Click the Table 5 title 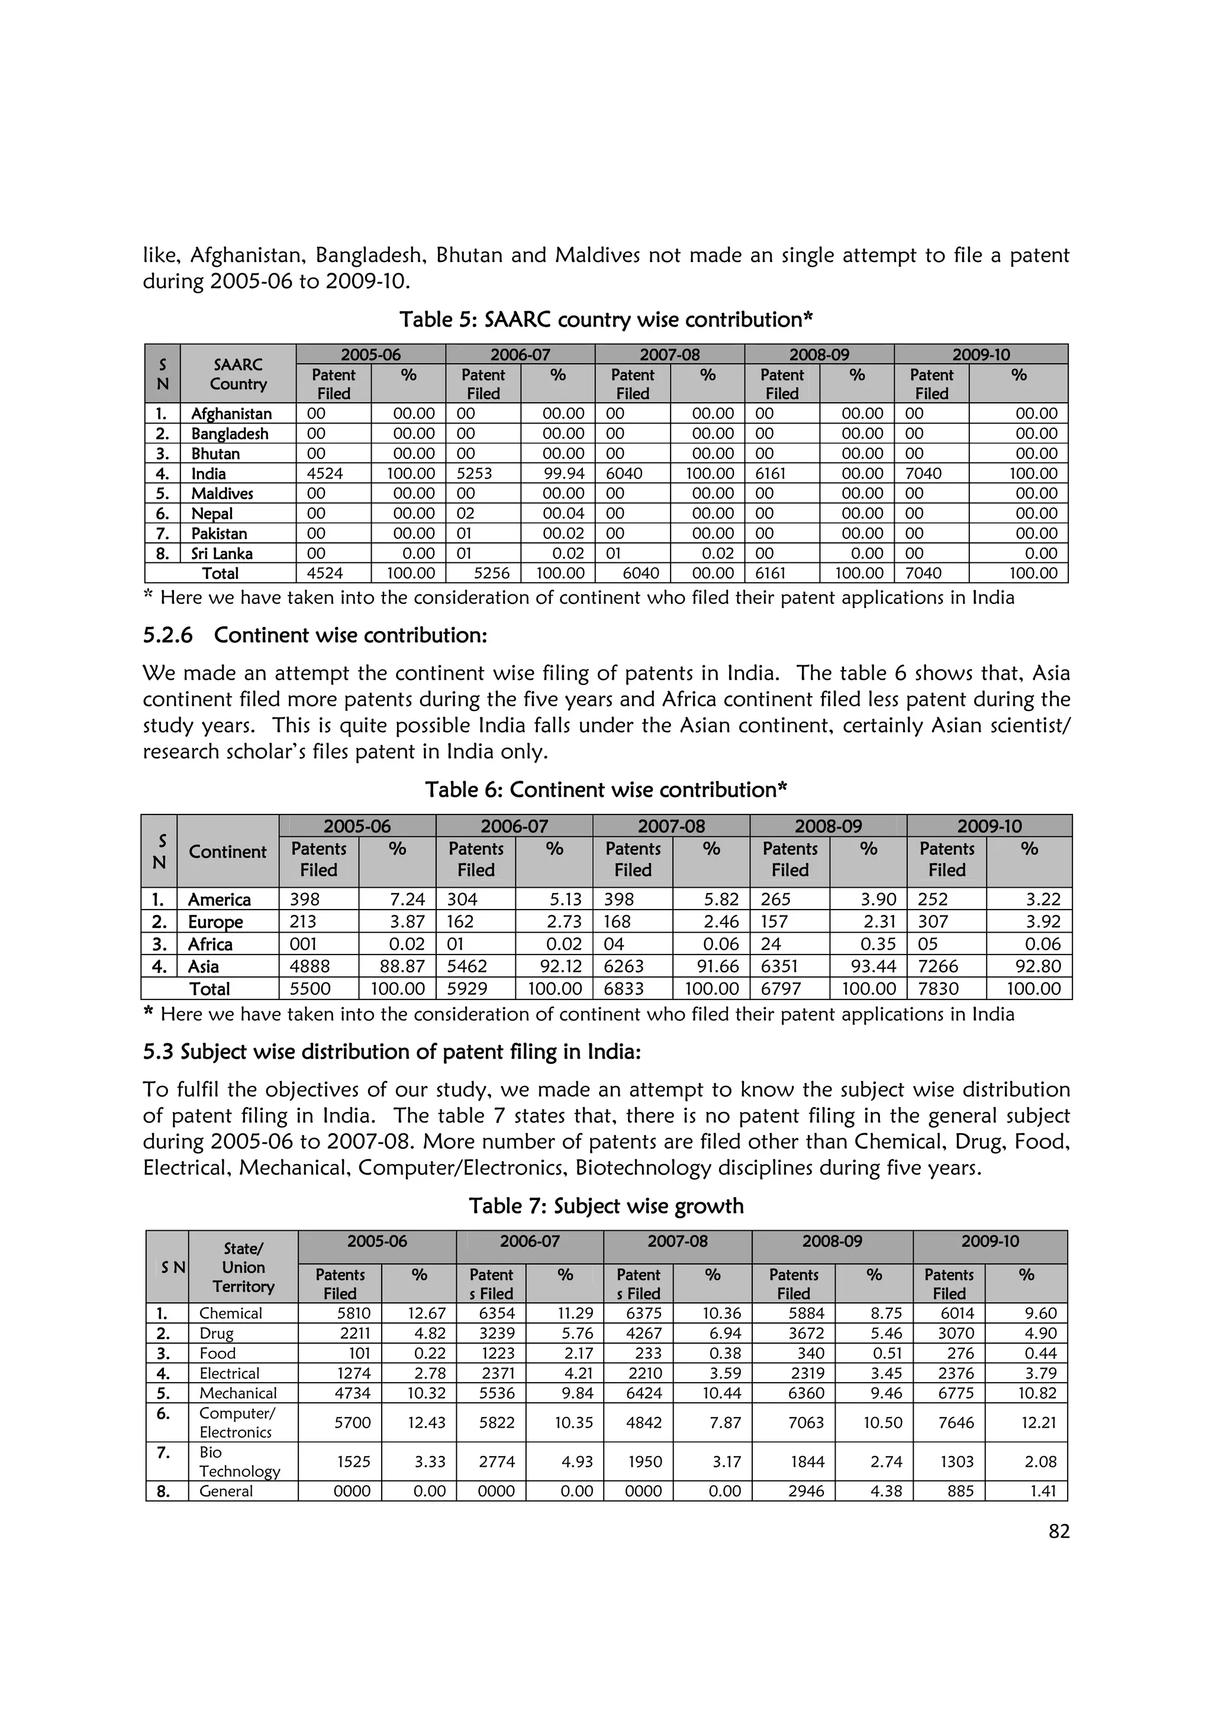pyautogui.click(x=605, y=319)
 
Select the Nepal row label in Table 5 pyautogui.click(x=212, y=513)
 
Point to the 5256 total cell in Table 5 pyautogui.click(x=492, y=573)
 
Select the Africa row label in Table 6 pyautogui.click(x=210, y=945)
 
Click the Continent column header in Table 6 pyautogui.click(x=227, y=852)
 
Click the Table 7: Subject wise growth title pyautogui.click(x=605, y=1207)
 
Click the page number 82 pyautogui.click(x=1058, y=1532)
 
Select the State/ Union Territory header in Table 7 pyautogui.click(x=243, y=1267)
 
